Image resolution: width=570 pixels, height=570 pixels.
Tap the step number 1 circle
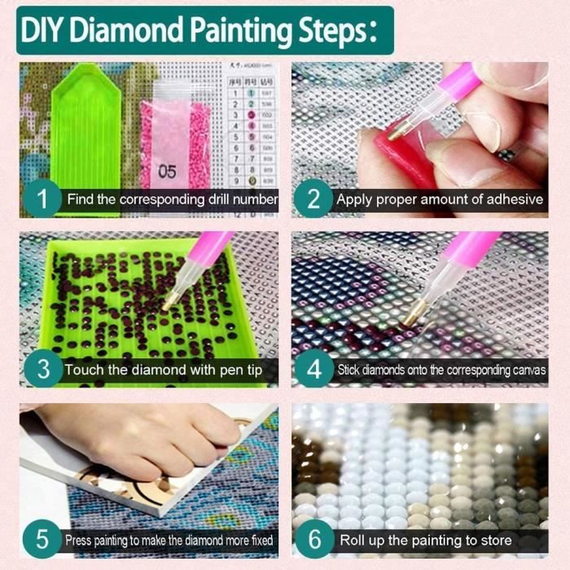tap(41, 199)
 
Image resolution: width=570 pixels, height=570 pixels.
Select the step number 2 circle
tap(313, 199)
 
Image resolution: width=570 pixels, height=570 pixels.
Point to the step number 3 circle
tap(41, 369)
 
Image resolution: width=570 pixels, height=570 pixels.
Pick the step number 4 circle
tap(313, 369)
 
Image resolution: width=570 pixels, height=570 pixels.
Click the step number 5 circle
tap(41, 539)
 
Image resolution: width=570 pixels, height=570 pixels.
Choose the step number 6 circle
tap(313, 539)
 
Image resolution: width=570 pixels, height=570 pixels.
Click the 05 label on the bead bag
tap(168, 171)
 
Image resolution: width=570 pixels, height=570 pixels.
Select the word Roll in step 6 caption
tap(353, 540)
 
